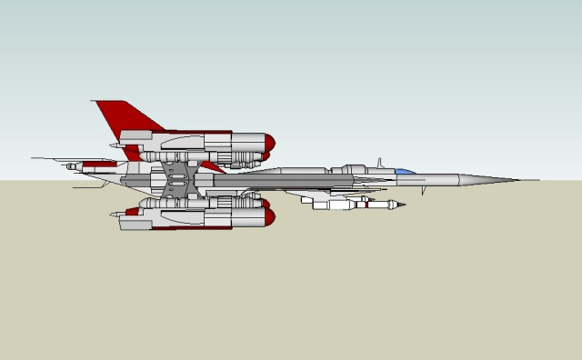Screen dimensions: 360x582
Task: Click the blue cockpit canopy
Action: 404,171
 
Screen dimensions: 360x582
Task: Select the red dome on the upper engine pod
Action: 269,142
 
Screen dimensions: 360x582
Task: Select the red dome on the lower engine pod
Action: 269,216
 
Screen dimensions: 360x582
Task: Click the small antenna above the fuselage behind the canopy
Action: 379,163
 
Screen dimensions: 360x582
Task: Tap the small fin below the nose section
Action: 422,192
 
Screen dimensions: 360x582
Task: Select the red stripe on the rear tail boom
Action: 100,164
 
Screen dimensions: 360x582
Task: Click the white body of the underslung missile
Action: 332,205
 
